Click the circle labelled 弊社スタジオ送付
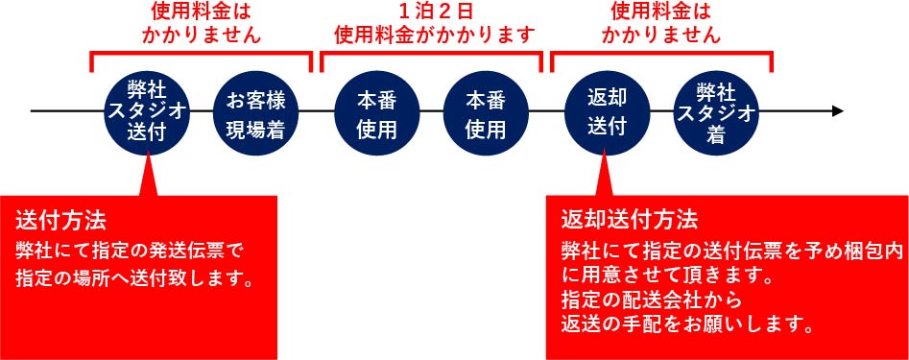(145, 111)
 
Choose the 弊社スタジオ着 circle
(716, 111)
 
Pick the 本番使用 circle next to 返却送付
(486, 111)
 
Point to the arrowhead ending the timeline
(837, 111)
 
